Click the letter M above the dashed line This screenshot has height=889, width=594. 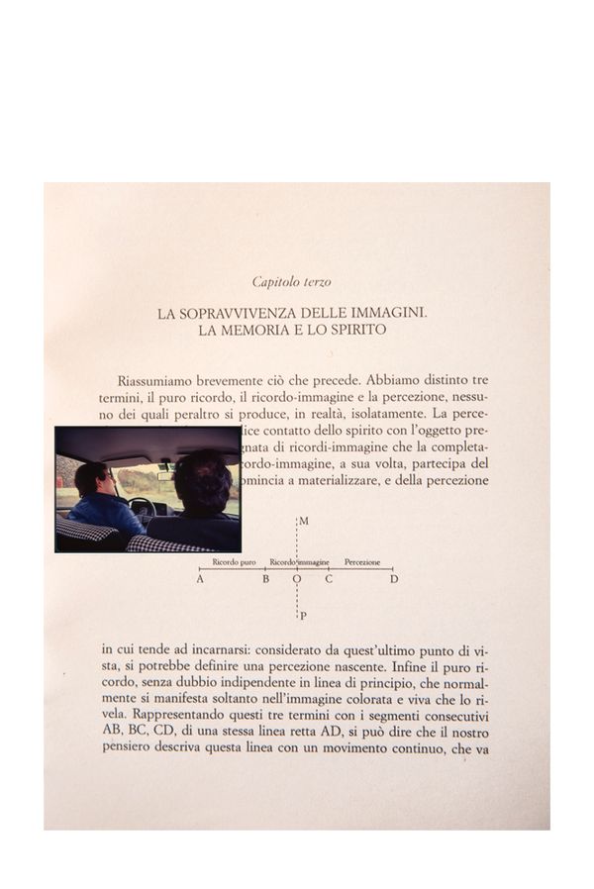pyautogui.click(x=304, y=521)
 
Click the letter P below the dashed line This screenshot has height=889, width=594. pyautogui.click(x=303, y=616)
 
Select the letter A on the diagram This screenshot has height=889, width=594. pyautogui.click(x=200, y=579)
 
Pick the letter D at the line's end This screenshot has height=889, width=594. pyautogui.click(x=394, y=579)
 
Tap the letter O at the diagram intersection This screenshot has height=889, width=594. pyautogui.click(x=296, y=579)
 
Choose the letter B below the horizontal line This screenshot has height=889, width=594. pyautogui.click(x=265, y=579)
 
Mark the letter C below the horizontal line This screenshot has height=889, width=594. pyautogui.click(x=329, y=579)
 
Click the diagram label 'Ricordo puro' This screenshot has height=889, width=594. pyautogui.click(x=234, y=562)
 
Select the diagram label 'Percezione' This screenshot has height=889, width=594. pyautogui.click(x=362, y=562)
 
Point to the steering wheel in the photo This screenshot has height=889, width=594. pyautogui.click(x=141, y=508)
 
